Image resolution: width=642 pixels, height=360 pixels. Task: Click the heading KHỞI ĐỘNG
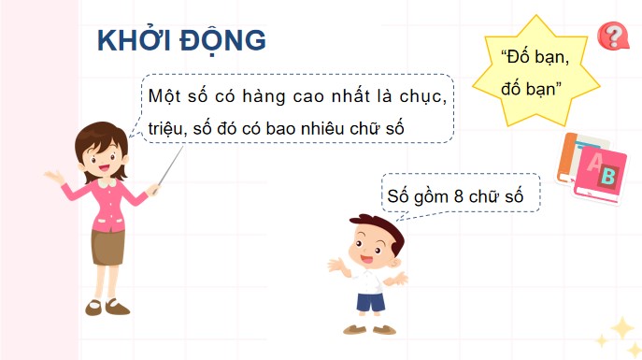tap(181, 41)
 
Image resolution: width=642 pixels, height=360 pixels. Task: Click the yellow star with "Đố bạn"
tap(535, 71)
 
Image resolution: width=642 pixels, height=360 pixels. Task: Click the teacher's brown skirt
tap(107, 244)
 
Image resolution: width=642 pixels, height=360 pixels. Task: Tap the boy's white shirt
tap(370, 280)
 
